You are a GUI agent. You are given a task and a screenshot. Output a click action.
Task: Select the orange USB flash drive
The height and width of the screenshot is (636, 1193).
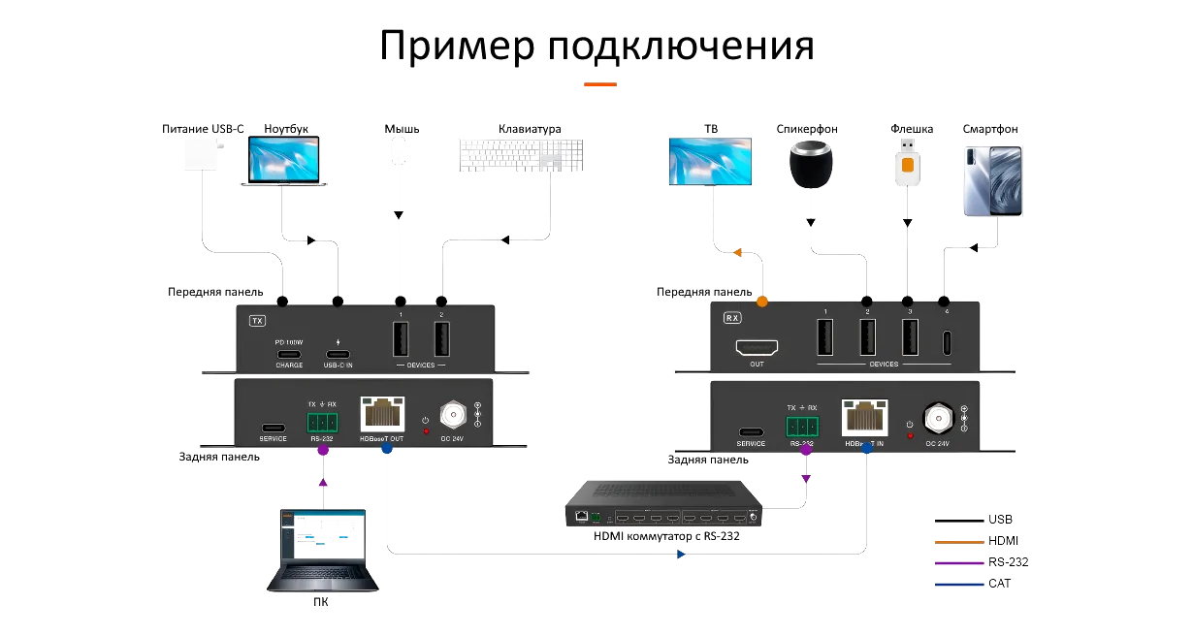(x=906, y=160)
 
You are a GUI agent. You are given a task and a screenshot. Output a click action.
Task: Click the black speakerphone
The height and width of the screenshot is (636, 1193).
(x=811, y=165)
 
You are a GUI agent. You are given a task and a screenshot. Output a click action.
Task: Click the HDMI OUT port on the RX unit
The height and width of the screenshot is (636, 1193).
(x=757, y=347)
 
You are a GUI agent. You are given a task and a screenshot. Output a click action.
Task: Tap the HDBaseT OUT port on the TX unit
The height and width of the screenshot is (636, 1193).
(x=382, y=415)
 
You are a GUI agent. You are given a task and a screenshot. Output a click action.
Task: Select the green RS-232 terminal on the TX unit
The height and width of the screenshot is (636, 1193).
(x=322, y=422)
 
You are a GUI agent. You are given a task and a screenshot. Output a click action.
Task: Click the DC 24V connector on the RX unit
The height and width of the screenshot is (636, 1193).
(x=936, y=416)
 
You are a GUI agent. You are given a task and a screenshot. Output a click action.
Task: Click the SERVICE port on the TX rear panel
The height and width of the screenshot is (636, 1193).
(x=274, y=428)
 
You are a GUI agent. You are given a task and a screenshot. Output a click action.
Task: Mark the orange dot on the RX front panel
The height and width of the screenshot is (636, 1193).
(x=762, y=302)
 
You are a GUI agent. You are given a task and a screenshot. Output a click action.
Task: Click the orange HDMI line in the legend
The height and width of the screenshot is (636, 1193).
(x=956, y=541)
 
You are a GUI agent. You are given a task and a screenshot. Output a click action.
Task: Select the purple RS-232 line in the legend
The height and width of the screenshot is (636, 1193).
(x=956, y=562)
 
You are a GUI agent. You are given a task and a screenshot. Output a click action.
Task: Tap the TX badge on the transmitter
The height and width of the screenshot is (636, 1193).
(x=257, y=320)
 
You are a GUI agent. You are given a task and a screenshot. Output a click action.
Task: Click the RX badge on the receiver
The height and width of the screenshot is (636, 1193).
(x=731, y=316)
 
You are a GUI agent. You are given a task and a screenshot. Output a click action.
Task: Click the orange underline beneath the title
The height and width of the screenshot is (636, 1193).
(x=600, y=85)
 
